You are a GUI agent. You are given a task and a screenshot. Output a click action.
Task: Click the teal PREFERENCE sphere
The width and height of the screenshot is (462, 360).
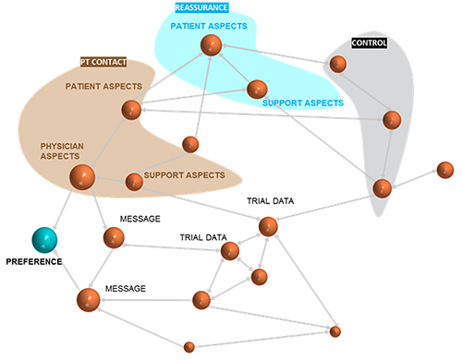pyautogui.click(x=44, y=240)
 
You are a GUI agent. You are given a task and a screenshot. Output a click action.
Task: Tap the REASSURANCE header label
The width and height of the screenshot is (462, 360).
pyautogui.click(x=201, y=7)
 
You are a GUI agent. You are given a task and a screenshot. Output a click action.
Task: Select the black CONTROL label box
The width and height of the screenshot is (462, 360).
pyautogui.click(x=369, y=42)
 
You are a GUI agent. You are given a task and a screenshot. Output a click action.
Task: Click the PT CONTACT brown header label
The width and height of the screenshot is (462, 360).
pyautogui.click(x=103, y=62)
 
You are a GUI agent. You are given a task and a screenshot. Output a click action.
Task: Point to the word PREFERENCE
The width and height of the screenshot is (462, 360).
pyautogui.click(x=34, y=262)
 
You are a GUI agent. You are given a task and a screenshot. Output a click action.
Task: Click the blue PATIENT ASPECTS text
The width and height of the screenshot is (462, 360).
pyautogui.click(x=209, y=26)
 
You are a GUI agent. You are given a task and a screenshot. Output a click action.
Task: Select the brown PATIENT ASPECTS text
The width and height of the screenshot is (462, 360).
pyautogui.click(x=103, y=87)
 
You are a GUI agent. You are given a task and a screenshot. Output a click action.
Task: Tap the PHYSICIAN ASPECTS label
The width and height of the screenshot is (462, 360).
pyautogui.click(x=62, y=151)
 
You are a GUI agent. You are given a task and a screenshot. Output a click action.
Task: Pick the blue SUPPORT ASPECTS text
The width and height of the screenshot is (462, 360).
pyautogui.click(x=303, y=103)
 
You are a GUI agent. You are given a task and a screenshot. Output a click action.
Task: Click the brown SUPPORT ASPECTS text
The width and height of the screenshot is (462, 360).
pyautogui.click(x=184, y=175)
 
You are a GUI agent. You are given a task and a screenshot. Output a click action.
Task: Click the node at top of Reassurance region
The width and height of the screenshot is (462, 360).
pyautogui.click(x=211, y=45)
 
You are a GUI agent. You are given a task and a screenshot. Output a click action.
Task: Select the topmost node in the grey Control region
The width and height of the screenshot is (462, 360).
pyautogui.click(x=338, y=65)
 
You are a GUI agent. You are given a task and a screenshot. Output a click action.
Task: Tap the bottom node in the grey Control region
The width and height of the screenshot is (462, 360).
pyautogui.click(x=383, y=188)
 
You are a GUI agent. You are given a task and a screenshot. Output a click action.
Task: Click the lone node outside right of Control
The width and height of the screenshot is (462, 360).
pyautogui.click(x=445, y=170)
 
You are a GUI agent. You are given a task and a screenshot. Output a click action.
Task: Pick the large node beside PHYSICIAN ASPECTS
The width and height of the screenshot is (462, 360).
pyautogui.click(x=82, y=177)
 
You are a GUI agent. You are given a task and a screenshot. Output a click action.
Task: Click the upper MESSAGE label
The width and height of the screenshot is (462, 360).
pyautogui.click(x=140, y=219)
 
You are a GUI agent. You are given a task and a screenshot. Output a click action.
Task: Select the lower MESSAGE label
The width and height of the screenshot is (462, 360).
pyautogui.click(x=126, y=289)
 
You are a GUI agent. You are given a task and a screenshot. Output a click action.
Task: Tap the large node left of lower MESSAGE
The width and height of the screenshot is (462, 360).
pyautogui.click(x=89, y=300)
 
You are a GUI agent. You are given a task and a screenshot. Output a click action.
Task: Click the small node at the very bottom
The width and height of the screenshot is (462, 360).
pyautogui.click(x=189, y=347)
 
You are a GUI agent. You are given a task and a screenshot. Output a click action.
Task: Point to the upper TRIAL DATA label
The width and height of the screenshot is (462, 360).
pyautogui.click(x=270, y=201)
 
